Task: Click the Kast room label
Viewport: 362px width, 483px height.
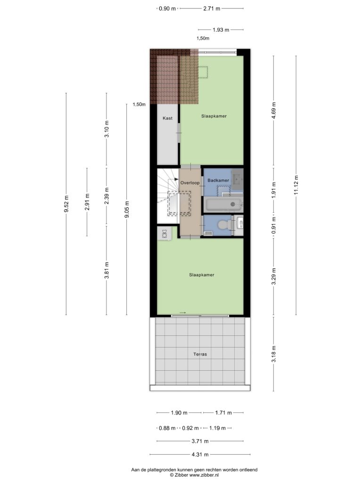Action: (167, 118)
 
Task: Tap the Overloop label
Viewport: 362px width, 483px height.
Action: (190, 183)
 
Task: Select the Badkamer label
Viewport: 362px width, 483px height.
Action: (218, 180)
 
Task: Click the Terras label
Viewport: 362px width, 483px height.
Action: (200, 354)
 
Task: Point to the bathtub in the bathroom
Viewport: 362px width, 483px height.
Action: (223, 204)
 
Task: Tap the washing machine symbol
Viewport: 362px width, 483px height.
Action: (165, 233)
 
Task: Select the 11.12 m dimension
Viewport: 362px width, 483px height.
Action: (296, 185)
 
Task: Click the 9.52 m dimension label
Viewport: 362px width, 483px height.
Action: (66, 204)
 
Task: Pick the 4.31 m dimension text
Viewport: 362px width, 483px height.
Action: (200, 454)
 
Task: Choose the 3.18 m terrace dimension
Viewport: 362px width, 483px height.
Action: (274, 354)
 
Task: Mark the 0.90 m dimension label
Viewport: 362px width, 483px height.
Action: (167, 8)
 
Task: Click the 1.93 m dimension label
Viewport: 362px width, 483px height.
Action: (221, 30)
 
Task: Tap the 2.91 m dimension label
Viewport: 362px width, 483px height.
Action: (87, 202)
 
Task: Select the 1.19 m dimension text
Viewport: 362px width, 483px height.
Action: (217, 428)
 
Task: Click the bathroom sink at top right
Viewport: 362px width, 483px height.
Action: (238, 179)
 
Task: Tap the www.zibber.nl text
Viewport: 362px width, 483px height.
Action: (204, 475)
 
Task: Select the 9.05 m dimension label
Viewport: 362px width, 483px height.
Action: (127, 209)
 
